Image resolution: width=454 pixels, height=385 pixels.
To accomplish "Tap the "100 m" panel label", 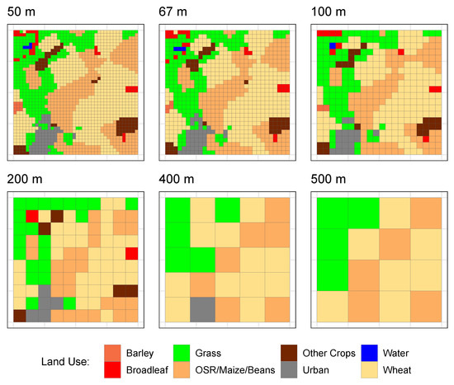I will (329, 11).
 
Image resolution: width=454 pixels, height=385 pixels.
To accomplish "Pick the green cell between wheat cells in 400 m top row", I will (228, 210).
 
